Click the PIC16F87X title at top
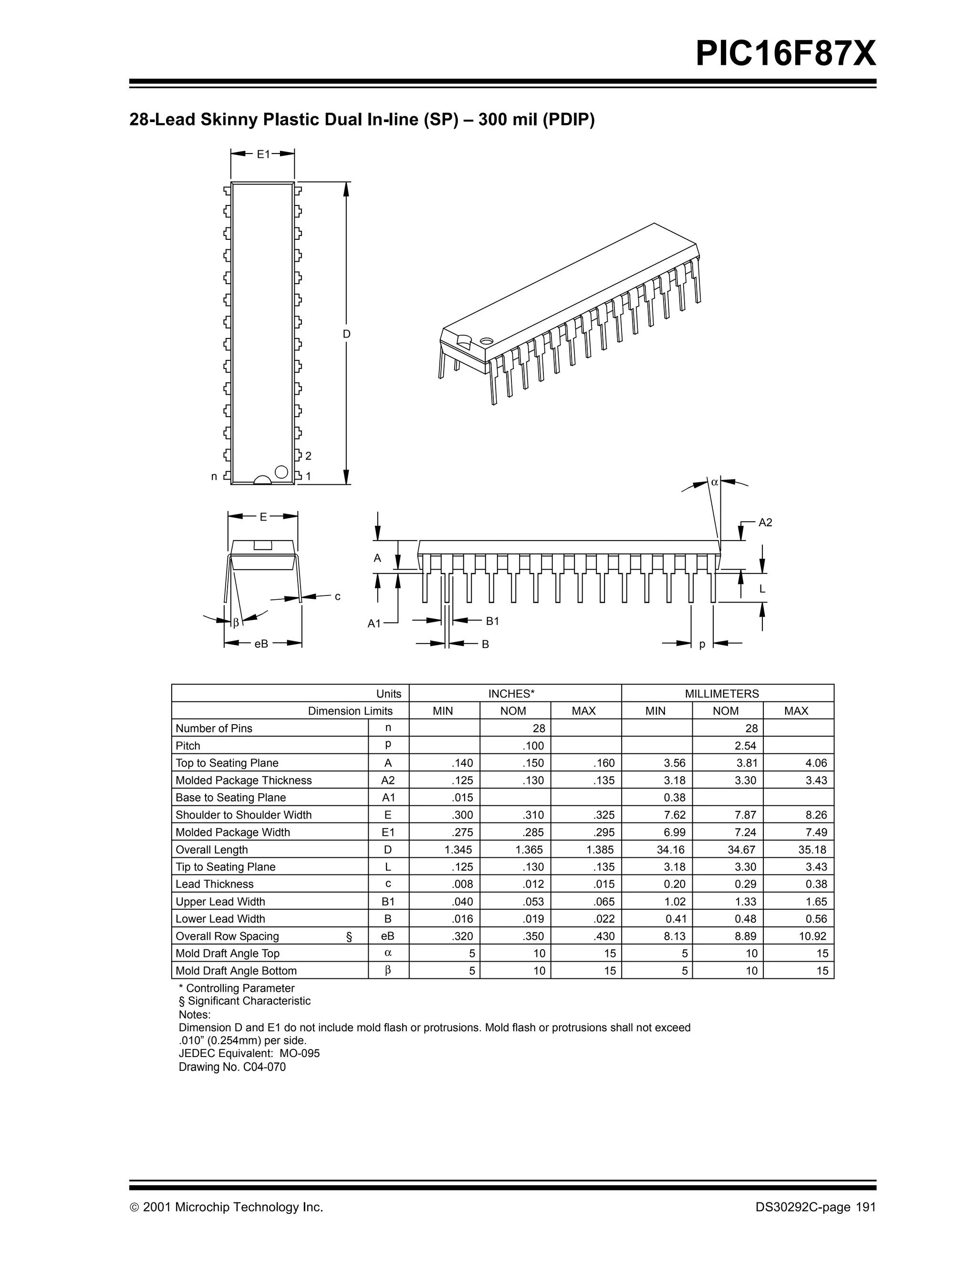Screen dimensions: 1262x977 coord(785,54)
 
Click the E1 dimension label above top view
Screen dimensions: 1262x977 coord(263,154)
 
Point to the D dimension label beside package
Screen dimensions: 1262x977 coord(346,334)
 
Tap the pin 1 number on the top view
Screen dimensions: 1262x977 coord(308,477)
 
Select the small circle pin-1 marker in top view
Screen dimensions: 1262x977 coord(281,472)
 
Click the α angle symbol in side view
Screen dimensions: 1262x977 coord(715,482)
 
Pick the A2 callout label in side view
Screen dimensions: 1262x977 coord(765,523)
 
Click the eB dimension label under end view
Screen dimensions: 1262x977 coord(261,643)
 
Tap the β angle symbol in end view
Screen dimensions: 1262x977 coord(236,623)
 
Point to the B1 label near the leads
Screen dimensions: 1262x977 coord(492,621)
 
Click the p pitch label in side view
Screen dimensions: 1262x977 coord(702,644)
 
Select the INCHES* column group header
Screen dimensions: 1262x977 coord(515,693)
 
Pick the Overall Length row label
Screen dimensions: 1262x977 coord(212,850)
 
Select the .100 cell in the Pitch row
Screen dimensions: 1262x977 coord(534,745)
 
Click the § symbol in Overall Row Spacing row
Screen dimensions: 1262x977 coord(349,937)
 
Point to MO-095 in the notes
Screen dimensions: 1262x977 coord(300,1053)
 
